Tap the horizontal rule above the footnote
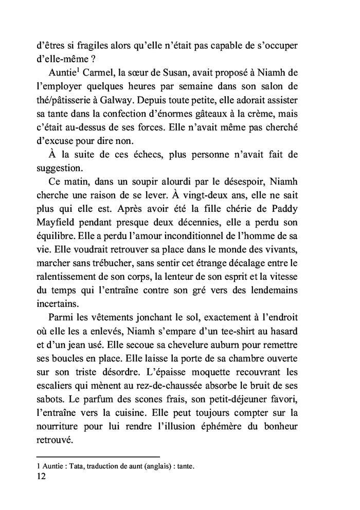(x=98, y=456)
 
